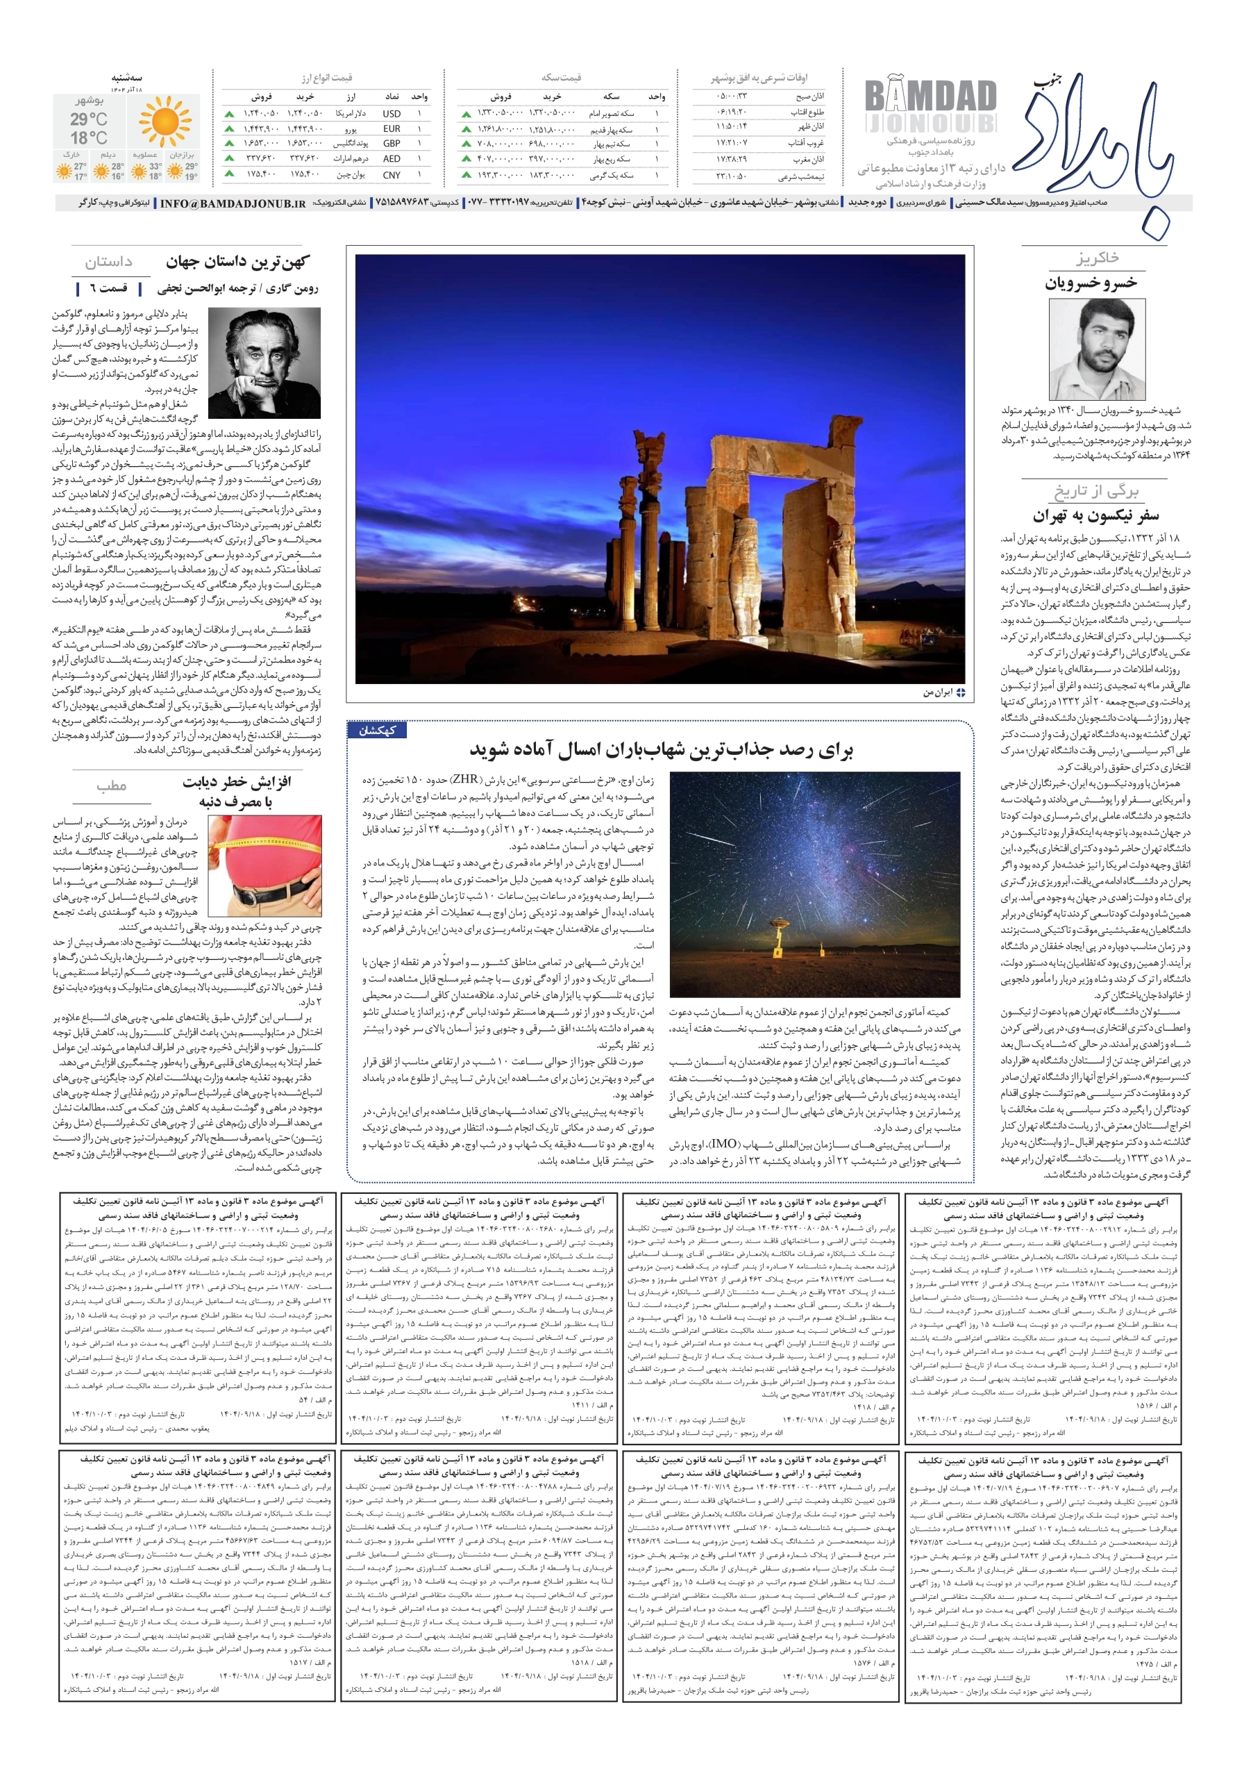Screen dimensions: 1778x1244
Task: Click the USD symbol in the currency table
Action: tap(391, 114)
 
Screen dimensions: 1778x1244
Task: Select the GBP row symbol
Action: tap(391, 143)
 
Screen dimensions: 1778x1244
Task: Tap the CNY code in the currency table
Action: tap(391, 175)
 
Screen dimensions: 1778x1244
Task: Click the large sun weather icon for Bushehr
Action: tap(164, 121)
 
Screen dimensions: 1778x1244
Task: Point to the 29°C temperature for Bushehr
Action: tap(88, 119)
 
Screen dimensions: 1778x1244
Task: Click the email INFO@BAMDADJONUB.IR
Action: tap(233, 203)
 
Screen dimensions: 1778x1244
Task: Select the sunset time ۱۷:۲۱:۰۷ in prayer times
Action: tap(731, 142)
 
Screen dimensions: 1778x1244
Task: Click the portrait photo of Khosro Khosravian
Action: tap(1096, 349)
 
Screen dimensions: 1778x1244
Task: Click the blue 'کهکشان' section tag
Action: tap(377, 730)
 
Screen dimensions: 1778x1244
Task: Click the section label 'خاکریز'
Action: tap(1096, 258)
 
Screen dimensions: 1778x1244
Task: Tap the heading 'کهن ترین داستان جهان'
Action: tap(237, 263)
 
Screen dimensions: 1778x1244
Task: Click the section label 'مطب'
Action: tap(112, 786)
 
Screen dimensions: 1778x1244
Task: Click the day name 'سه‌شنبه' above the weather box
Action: tap(126, 78)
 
